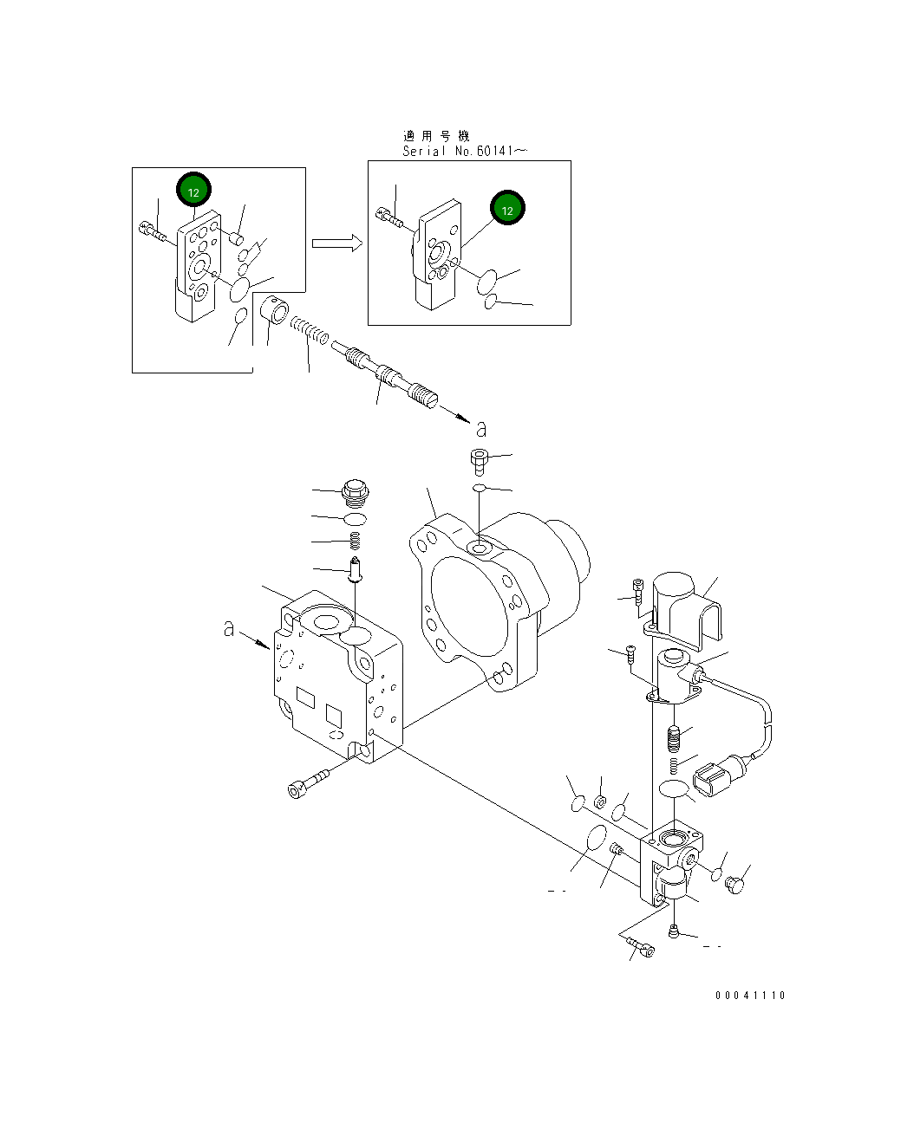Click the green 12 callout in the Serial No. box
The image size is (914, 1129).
pyautogui.click(x=507, y=209)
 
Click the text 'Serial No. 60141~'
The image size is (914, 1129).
pyautogui.click(x=464, y=151)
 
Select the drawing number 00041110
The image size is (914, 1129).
pyautogui.click(x=750, y=996)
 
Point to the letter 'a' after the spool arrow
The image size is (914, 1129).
pyautogui.click(x=481, y=428)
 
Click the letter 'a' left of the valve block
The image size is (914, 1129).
pyautogui.click(x=229, y=628)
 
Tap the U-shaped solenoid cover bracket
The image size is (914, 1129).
pyautogui.click(x=685, y=607)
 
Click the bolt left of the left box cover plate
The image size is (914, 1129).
pyautogui.click(x=152, y=230)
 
